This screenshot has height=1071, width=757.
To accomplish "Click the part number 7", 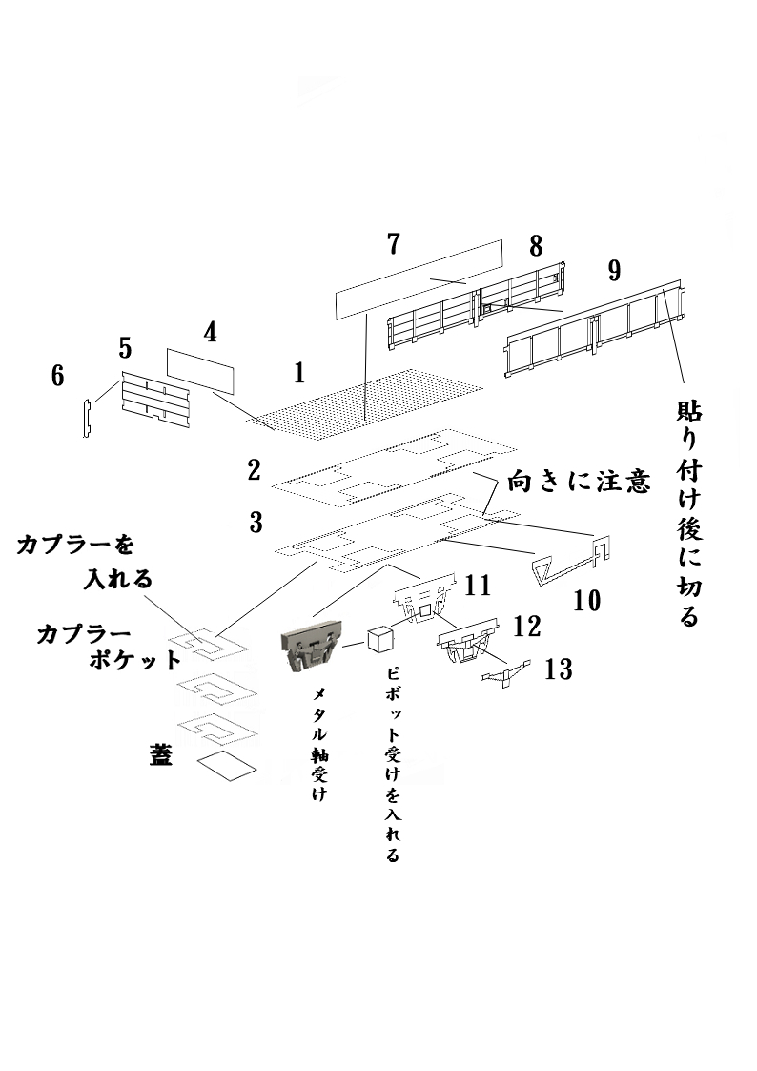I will coord(393,243).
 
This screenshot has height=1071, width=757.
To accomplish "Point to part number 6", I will coord(58,377).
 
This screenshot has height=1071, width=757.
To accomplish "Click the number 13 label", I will coord(559,669).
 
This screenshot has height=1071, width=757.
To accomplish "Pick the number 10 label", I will coord(587,600).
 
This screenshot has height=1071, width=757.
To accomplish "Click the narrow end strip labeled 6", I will coord(86,420).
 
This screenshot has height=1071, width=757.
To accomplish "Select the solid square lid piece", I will coord(227,765).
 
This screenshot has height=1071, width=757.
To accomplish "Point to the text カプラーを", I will coord(74,545).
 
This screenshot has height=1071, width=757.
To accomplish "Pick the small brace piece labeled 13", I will coord(506,674).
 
